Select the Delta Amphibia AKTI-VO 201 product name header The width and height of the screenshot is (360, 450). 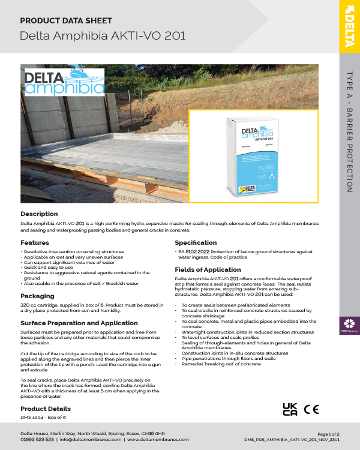click(x=103, y=35)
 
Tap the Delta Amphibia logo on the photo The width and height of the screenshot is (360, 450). click(x=64, y=83)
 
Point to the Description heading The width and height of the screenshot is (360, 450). click(x=39, y=214)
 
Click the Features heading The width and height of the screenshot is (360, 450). click(x=35, y=242)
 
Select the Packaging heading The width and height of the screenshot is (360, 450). click(x=37, y=296)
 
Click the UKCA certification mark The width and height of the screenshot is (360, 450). click(x=290, y=410)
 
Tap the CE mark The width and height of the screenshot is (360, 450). click(x=311, y=410)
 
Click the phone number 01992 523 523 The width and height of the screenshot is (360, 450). click(x=37, y=439)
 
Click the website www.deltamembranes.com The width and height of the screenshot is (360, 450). click(x=154, y=439)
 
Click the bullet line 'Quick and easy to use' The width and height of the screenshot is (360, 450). click(x=48, y=268)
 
